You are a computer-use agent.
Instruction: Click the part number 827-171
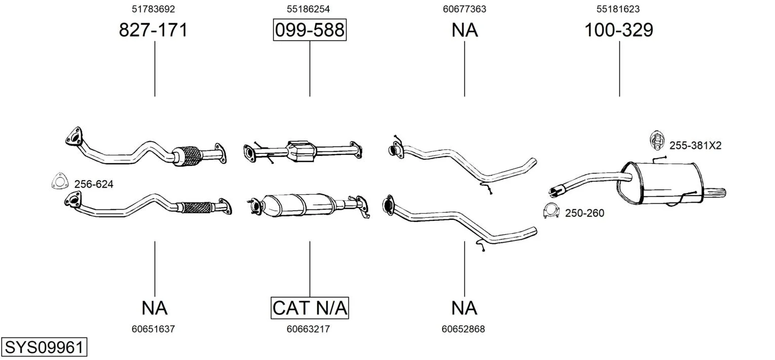153,30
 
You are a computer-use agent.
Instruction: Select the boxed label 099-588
309,30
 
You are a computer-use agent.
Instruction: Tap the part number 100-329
618,30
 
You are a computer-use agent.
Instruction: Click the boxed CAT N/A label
309,308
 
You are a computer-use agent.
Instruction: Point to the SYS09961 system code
44,347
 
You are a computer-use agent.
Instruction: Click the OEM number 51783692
153,9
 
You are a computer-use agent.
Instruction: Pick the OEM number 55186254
308,9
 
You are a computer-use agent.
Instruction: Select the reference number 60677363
464,9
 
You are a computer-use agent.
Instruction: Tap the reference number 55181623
618,9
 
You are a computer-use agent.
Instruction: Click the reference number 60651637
153,329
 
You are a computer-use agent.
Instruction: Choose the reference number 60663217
308,329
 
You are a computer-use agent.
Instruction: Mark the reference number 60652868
463,329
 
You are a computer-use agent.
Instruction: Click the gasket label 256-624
94,184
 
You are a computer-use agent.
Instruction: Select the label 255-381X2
695,146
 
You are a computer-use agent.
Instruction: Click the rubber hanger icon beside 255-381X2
656,141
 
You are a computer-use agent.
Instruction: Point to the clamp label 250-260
585,213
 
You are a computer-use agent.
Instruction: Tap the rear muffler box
661,183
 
